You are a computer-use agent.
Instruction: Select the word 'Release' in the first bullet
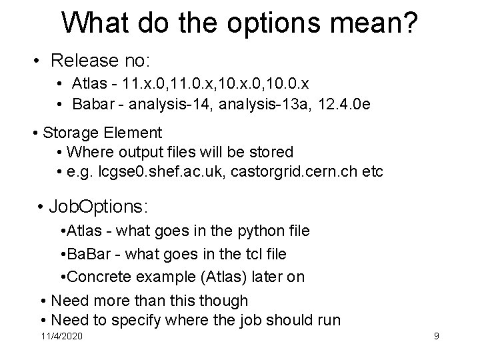[84, 61]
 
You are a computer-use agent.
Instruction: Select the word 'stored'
[271, 152]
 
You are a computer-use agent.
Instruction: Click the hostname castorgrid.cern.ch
[286, 172]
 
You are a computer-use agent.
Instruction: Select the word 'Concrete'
[93, 277]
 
